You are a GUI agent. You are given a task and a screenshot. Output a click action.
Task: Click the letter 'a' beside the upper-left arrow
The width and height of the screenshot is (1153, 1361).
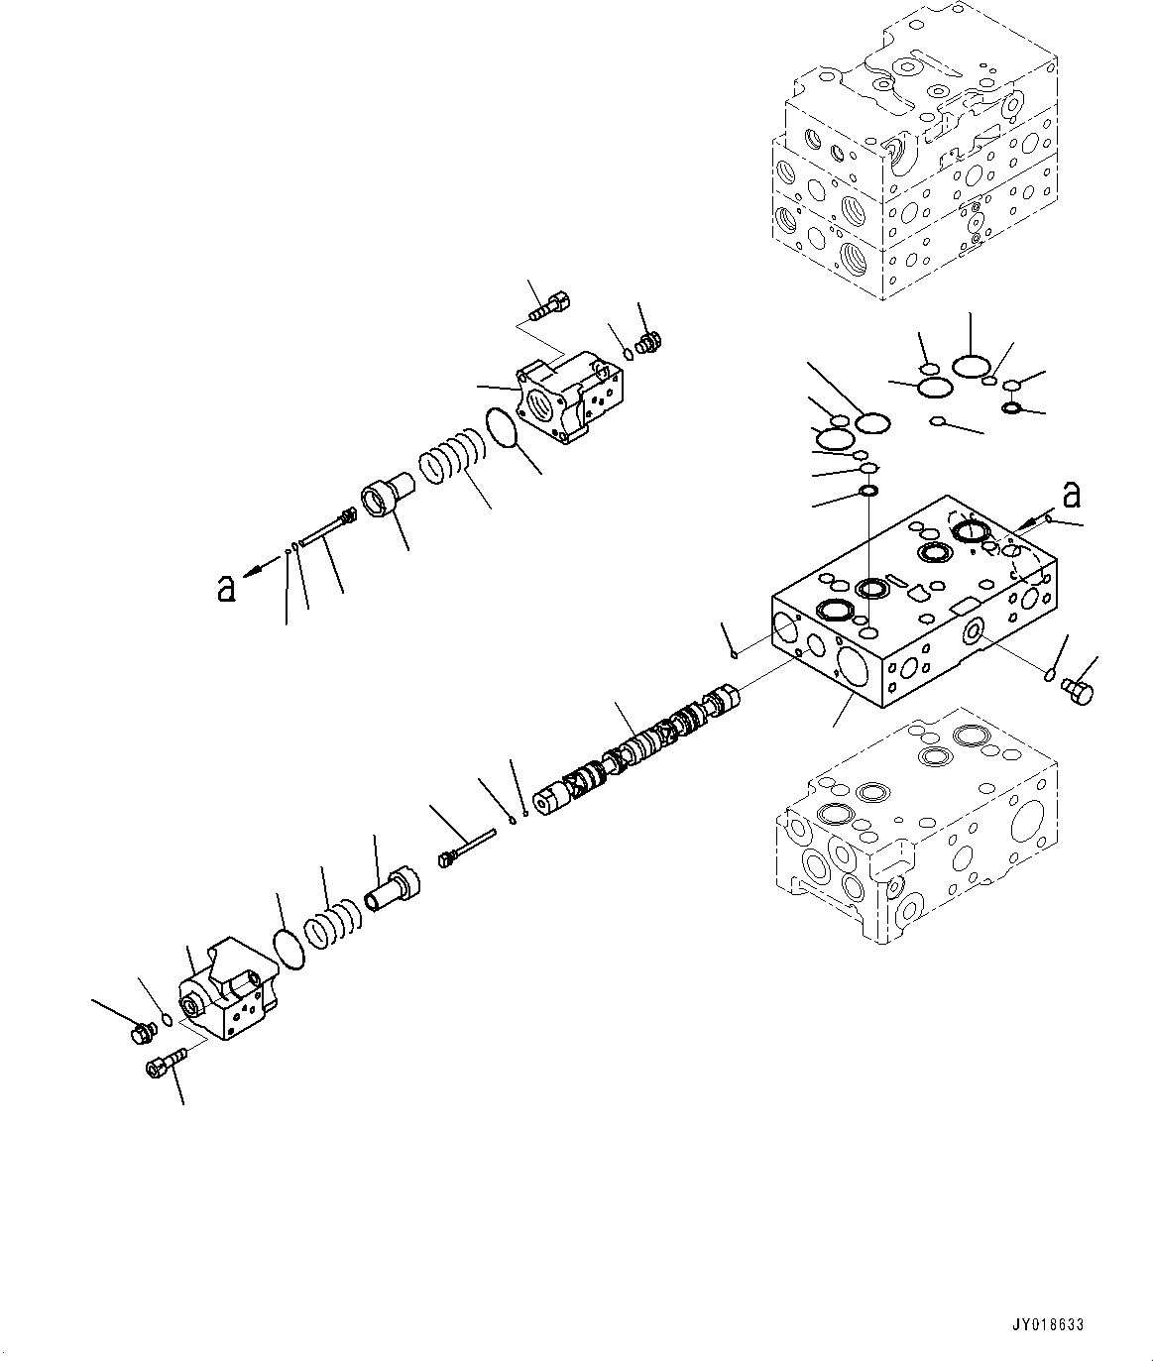pyautogui.click(x=227, y=590)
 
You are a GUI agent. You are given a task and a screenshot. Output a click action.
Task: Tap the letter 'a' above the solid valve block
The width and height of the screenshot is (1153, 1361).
pyautogui.click(x=1070, y=493)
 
